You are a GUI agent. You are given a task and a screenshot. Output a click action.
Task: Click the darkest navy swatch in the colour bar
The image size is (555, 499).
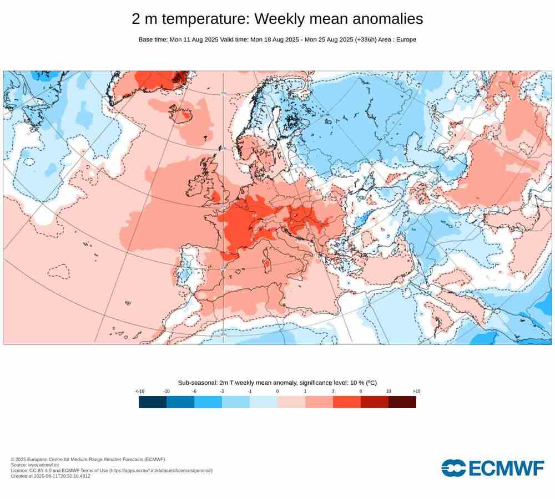click(x=153, y=402)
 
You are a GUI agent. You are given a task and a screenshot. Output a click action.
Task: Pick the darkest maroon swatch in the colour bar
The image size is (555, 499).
click(x=402, y=402)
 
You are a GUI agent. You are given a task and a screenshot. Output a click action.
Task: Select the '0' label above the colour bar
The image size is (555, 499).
click(x=277, y=391)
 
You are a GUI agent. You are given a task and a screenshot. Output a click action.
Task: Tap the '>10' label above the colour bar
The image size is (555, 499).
click(x=416, y=391)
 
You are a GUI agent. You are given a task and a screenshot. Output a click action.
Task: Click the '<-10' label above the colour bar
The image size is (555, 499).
click(x=139, y=391)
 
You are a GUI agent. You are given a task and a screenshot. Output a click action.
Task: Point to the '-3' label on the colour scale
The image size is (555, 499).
click(x=222, y=391)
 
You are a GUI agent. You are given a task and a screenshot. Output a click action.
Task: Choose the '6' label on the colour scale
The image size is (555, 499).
click(x=361, y=391)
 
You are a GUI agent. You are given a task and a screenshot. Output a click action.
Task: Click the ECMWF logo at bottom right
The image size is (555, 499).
click(x=493, y=468)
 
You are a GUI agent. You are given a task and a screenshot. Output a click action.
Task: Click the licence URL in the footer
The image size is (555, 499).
click(x=161, y=471)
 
